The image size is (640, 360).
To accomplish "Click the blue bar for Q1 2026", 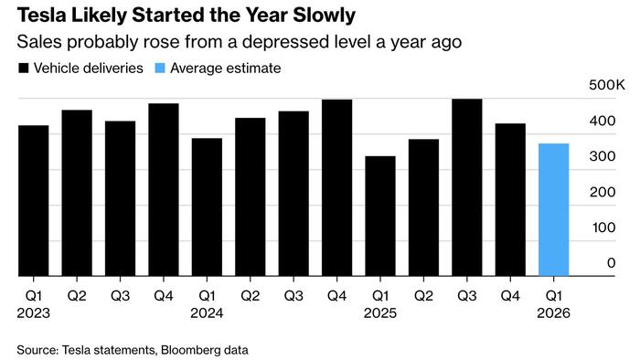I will (554, 210).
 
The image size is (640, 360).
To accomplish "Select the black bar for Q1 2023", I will (33, 201).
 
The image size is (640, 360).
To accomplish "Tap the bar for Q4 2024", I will (336, 187).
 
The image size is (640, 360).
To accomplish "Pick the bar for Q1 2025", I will (380, 217).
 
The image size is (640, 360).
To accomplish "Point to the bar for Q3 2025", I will (467, 187).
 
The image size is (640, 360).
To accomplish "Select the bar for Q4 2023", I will (164, 190).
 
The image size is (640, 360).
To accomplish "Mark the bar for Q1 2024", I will (207, 207).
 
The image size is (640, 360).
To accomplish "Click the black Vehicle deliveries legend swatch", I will (22, 69).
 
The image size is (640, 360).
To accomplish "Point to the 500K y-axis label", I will (606, 85).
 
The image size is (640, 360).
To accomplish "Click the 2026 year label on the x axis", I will (554, 312).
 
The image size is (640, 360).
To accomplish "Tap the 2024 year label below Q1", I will (207, 312).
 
